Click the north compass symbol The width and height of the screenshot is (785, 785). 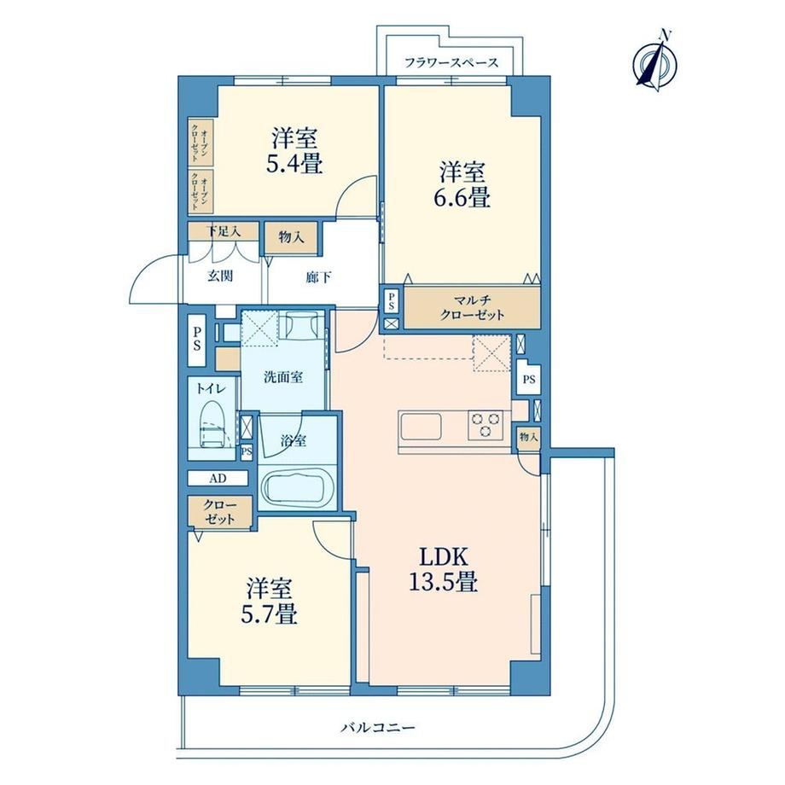[654, 62]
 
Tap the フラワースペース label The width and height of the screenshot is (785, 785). [451, 63]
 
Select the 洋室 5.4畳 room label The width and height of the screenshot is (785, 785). [294, 150]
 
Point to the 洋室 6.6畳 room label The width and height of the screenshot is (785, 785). [462, 184]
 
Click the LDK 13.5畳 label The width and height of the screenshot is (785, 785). [444, 569]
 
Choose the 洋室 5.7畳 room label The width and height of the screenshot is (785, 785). [270, 601]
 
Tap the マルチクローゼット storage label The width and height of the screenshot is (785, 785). [472, 307]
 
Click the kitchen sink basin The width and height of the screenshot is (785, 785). [420, 427]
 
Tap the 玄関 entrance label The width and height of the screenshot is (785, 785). [220, 276]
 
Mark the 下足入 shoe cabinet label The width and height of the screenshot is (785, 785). [224, 231]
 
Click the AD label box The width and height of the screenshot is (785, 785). [218, 478]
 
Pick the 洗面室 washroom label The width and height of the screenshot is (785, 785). [283, 377]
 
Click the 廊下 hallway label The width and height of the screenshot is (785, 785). [318, 276]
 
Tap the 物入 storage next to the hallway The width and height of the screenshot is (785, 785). [291, 237]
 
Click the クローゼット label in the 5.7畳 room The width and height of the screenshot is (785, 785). [220, 512]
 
